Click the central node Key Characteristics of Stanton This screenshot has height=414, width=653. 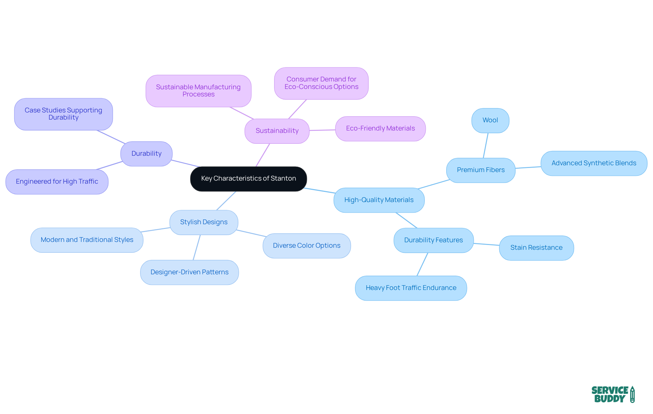point(248,179)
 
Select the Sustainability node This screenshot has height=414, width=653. point(277,131)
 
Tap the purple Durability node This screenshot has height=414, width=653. point(146,154)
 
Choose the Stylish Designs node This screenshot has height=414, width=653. point(204,222)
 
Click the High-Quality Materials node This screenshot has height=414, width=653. point(379,200)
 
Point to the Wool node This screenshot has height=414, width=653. point(490,120)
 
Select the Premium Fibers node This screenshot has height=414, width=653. point(481,170)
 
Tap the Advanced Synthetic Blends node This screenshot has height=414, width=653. point(593,163)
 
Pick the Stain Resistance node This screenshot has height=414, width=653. point(536,248)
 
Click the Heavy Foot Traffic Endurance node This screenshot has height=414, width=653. point(411,288)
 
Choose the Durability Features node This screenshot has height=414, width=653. point(433,240)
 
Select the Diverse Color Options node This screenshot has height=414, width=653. point(306,246)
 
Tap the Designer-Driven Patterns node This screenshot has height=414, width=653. point(189,272)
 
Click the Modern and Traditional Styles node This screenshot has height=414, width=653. point(87,240)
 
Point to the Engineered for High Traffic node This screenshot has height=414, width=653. point(57,182)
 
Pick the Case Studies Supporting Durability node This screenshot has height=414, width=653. point(63,114)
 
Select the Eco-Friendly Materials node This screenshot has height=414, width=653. point(380,128)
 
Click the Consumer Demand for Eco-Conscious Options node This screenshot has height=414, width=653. point(321,83)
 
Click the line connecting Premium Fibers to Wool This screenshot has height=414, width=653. point(486,145)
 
